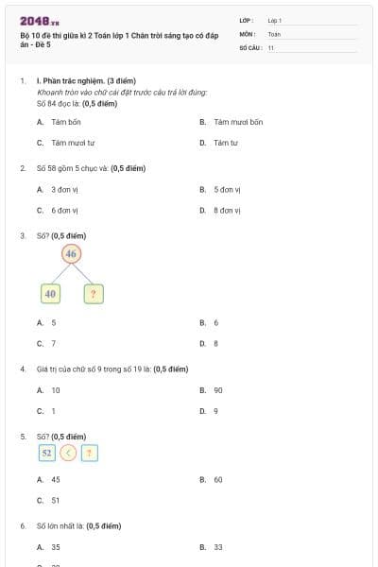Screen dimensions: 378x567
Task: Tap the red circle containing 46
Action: (x=72, y=253)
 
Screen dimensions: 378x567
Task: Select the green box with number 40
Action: (x=51, y=294)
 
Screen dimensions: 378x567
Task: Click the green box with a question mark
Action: (x=93, y=294)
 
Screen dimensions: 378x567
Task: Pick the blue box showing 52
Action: (x=46, y=453)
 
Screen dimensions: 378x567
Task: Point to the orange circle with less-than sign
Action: (x=68, y=453)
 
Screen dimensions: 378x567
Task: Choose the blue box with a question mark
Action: (x=89, y=453)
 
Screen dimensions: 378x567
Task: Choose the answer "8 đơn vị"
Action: (x=228, y=210)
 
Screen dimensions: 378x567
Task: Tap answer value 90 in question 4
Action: (x=218, y=389)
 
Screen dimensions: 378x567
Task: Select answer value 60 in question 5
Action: (x=218, y=479)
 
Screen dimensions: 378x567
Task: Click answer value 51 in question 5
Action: (x=56, y=500)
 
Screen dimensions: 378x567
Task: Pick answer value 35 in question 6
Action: (x=56, y=546)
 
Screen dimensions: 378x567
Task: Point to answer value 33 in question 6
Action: (x=218, y=546)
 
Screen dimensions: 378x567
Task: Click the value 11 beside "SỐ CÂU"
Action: (x=271, y=46)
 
